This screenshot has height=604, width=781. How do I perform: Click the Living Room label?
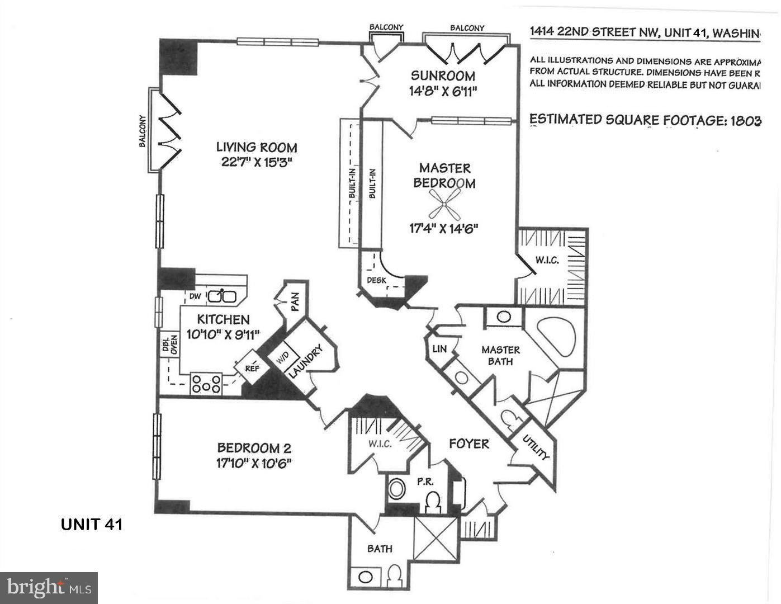click(x=257, y=148)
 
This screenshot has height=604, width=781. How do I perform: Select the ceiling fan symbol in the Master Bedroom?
click(x=444, y=204)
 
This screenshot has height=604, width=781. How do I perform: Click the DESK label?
click(x=376, y=280)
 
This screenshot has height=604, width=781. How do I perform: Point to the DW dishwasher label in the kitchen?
click(x=195, y=296)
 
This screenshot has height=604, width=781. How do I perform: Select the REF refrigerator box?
click(x=252, y=368)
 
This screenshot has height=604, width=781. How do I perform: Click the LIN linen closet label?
click(x=439, y=349)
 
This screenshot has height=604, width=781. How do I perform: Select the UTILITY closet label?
click(x=536, y=449)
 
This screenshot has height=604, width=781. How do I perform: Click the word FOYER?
click(x=469, y=443)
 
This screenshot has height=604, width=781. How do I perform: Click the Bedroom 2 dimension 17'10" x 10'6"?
click(x=254, y=463)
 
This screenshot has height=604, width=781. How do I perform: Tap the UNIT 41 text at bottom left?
click(x=91, y=525)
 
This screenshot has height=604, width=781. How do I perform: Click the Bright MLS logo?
click(x=49, y=588)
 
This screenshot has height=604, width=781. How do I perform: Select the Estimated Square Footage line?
click(x=645, y=120)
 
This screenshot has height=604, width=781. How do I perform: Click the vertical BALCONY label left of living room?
click(x=143, y=131)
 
